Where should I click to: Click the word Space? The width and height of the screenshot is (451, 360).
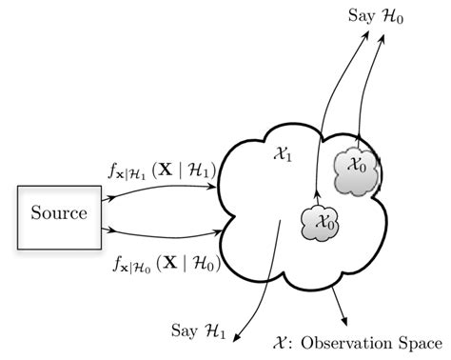pos(416,339)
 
